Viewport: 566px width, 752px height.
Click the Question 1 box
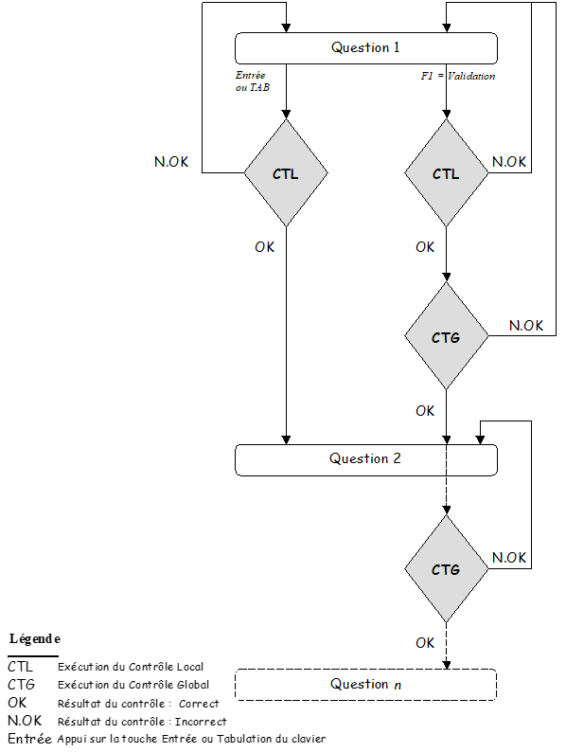[x=365, y=48]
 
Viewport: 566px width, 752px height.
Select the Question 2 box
[x=365, y=459]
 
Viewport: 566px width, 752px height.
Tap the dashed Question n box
[x=365, y=685]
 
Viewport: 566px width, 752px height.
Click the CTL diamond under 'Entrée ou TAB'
[x=286, y=174]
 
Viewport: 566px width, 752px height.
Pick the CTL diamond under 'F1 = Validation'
[x=446, y=174]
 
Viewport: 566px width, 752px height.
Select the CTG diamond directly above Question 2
[x=446, y=336]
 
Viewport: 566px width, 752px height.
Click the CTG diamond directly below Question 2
[x=446, y=570]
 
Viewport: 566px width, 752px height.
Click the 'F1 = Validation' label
[x=458, y=76]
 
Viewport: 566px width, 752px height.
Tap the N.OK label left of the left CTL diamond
[x=171, y=162]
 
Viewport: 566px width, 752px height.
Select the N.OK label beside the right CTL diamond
[x=509, y=162]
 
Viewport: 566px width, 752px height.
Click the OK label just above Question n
[x=425, y=643]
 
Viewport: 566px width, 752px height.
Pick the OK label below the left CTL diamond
[x=265, y=247]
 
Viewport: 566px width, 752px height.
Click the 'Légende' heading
[x=35, y=639]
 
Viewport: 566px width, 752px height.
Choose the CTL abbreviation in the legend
[x=20, y=667]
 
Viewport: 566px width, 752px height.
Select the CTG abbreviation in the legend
[x=21, y=685]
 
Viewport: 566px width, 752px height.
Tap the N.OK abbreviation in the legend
[x=25, y=721]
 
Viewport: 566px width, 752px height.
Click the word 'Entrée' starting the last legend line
[x=29, y=739]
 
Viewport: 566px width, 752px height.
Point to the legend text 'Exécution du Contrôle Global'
[x=133, y=685]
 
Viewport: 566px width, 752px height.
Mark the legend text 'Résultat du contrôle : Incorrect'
[x=142, y=722]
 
